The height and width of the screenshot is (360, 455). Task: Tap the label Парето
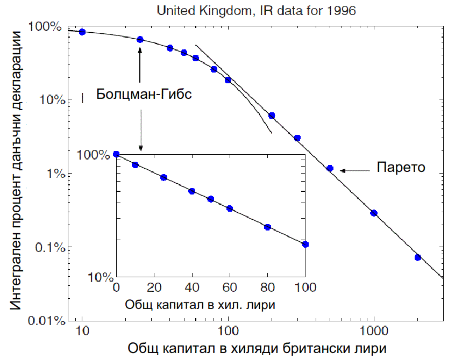tap(401, 167)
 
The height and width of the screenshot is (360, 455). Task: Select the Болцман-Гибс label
tap(144, 94)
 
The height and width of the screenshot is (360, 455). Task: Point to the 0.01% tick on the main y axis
tap(48, 321)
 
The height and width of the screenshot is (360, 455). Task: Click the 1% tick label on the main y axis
tap(53, 174)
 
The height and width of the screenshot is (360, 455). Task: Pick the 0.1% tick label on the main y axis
tap(50, 247)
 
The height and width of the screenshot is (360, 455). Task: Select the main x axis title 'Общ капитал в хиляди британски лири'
tap(257, 348)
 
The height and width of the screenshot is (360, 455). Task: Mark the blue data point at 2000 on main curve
tap(418, 257)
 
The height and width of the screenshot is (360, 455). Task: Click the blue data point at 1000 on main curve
tap(374, 213)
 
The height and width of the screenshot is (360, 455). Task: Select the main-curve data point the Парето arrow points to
tap(330, 168)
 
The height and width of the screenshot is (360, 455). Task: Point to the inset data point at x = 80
tap(268, 227)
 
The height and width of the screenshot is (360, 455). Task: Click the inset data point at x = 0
tap(117, 155)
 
